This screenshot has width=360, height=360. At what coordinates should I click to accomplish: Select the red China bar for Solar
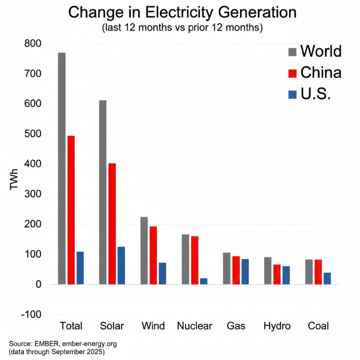click(112, 224)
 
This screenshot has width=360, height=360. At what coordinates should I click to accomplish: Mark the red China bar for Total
click(71, 210)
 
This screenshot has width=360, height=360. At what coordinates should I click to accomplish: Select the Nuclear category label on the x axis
click(194, 326)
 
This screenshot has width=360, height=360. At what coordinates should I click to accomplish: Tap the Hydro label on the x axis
click(277, 326)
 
